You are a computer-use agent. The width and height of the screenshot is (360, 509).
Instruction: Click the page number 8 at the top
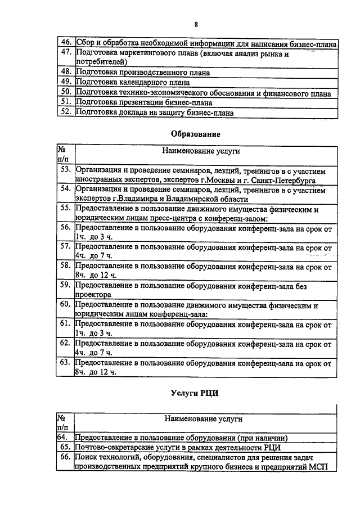196,24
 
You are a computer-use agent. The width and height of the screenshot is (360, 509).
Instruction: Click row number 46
66,43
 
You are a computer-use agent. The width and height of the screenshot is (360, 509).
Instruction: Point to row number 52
66,112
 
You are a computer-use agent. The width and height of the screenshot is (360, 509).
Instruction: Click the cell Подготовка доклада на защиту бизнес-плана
155,112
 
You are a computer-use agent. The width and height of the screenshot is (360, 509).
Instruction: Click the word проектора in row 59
93,294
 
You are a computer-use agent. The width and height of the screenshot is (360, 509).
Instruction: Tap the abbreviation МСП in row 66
323,467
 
